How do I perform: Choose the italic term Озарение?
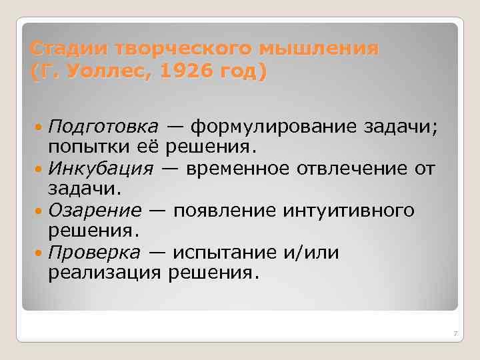tap(95, 211)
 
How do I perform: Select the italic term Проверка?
tap(95, 253)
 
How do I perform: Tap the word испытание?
tap(227, 253)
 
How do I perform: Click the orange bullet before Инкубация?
tap(40, 168)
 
